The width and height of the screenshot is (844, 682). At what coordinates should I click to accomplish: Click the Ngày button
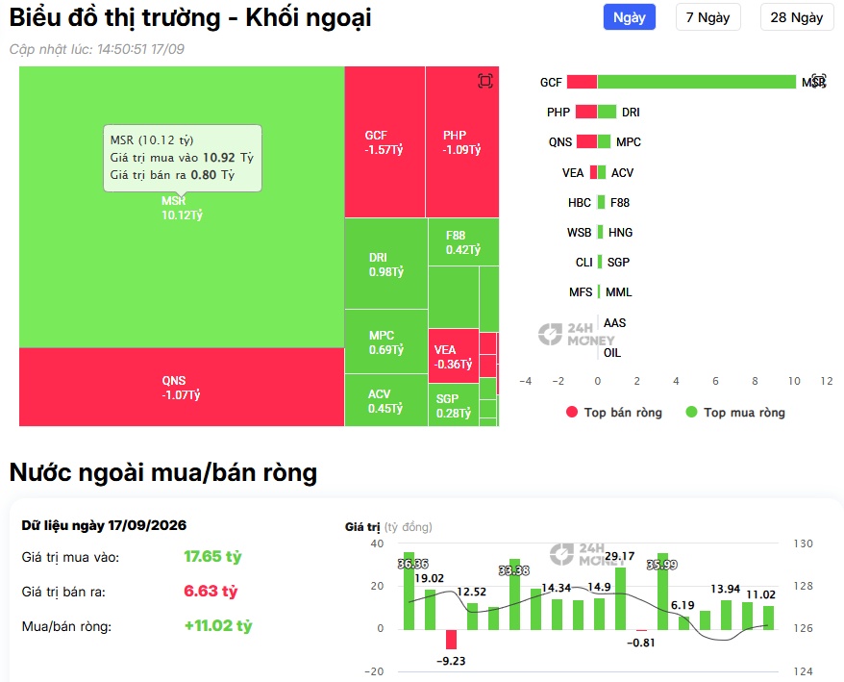point(630,17)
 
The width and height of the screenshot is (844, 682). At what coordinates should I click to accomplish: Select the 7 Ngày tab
point(707,17)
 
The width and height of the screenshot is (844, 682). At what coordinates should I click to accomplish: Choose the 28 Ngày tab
point(797,17)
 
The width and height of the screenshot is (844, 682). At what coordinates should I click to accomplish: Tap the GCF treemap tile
point(385,142)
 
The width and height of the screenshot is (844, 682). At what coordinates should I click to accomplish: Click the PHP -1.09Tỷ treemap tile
point(462,142)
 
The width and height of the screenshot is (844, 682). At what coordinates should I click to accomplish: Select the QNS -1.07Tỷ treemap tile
point(182,388)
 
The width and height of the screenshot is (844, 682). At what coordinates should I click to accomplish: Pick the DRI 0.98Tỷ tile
point(385,264)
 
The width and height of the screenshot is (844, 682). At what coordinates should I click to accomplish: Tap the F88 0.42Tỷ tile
point(463,242)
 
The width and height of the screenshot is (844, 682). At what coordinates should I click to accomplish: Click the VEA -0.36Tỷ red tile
point(453,356)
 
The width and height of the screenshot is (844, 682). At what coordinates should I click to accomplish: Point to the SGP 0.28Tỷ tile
point(453,405)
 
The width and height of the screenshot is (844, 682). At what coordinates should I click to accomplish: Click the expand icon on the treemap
point(485,81)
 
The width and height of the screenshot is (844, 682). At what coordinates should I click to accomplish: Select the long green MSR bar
point(697,82)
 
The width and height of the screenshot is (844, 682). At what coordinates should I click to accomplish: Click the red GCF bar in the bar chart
point(582,82)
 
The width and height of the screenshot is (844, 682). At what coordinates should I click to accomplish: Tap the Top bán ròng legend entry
point(614,412)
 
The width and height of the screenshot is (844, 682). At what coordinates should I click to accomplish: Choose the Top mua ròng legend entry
point(735,412)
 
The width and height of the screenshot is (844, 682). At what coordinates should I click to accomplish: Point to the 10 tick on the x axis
point(794,381)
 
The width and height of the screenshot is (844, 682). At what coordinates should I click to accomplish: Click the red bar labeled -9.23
point(451,639)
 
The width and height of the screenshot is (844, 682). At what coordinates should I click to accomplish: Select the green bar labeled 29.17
point(620,598)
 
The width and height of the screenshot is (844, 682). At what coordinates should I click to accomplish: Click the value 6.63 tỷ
point(211,591)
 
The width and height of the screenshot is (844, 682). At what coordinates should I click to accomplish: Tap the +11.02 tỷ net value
point(218,625)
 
